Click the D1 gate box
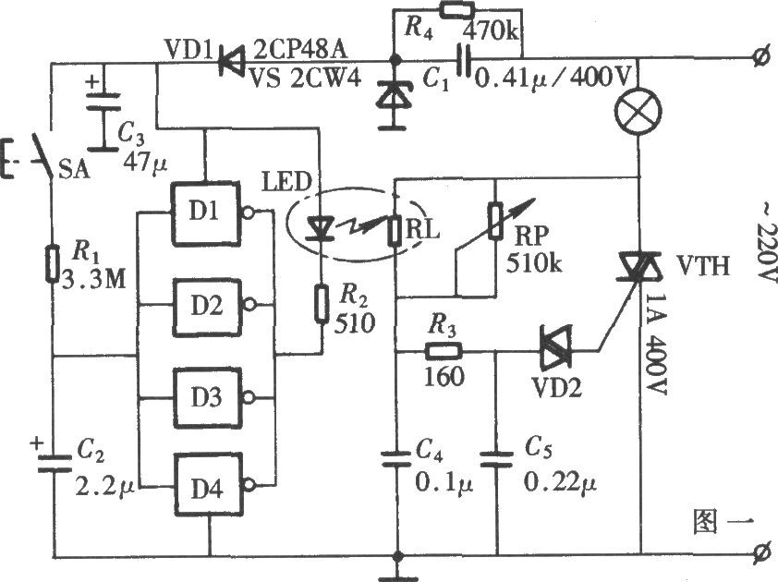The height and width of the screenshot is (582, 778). [x=206, y=213]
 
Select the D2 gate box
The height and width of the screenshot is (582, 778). [x=207, y=307]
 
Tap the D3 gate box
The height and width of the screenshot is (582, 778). [x=207, y=397]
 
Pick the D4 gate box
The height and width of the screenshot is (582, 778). [x=208, y=485]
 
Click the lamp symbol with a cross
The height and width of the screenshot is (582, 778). [x=638, y=111]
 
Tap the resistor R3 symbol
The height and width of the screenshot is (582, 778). [x=444, y=352]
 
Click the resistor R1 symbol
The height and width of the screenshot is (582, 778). [x=52, y=263]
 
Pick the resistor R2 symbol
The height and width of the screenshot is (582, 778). [x=322, y=304]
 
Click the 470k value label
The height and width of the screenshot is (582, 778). [x=491, y=32]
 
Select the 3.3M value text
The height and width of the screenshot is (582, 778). [x=93, y=280]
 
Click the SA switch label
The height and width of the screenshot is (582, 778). [x=75, y=170]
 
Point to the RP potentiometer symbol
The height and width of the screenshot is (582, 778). [x=495, y=221]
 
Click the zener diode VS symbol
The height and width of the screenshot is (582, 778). [x=392, y=96]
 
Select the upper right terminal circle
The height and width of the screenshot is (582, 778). [x=760, y=59]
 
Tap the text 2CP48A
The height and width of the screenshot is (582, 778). [x=300, y=50]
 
